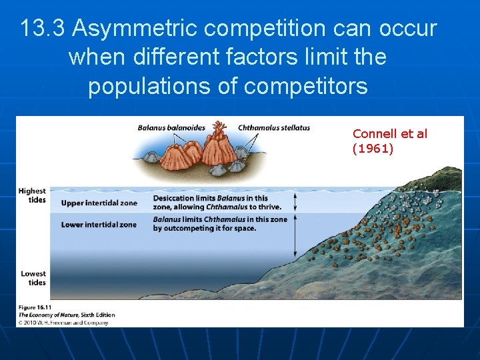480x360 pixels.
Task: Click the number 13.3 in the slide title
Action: click(43, 29)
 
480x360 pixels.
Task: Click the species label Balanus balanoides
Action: click(171, 128)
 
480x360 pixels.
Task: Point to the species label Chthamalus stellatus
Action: click(274, 128)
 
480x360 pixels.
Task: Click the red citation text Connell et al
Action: click(390, 134)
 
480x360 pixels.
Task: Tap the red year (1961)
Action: click(373, 149)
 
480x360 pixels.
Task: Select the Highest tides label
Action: click(33, 195)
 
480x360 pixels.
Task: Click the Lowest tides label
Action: click(33, 278)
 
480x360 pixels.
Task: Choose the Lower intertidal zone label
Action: click(99, 225)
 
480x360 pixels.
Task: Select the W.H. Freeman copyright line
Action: click(63, 323)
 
